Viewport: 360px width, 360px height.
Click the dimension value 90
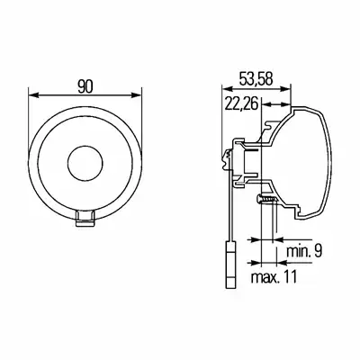85,86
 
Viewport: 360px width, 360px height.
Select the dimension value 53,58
256,79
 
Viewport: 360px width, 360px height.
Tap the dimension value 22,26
242,104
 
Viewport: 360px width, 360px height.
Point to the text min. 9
304,251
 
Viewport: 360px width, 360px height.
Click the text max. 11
274,276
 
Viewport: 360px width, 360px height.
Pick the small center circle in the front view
85,164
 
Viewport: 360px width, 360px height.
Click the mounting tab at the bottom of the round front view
85,218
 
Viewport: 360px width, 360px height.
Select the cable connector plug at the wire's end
230,265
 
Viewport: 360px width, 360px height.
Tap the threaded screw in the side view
267,199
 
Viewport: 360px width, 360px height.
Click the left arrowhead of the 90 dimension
33,95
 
